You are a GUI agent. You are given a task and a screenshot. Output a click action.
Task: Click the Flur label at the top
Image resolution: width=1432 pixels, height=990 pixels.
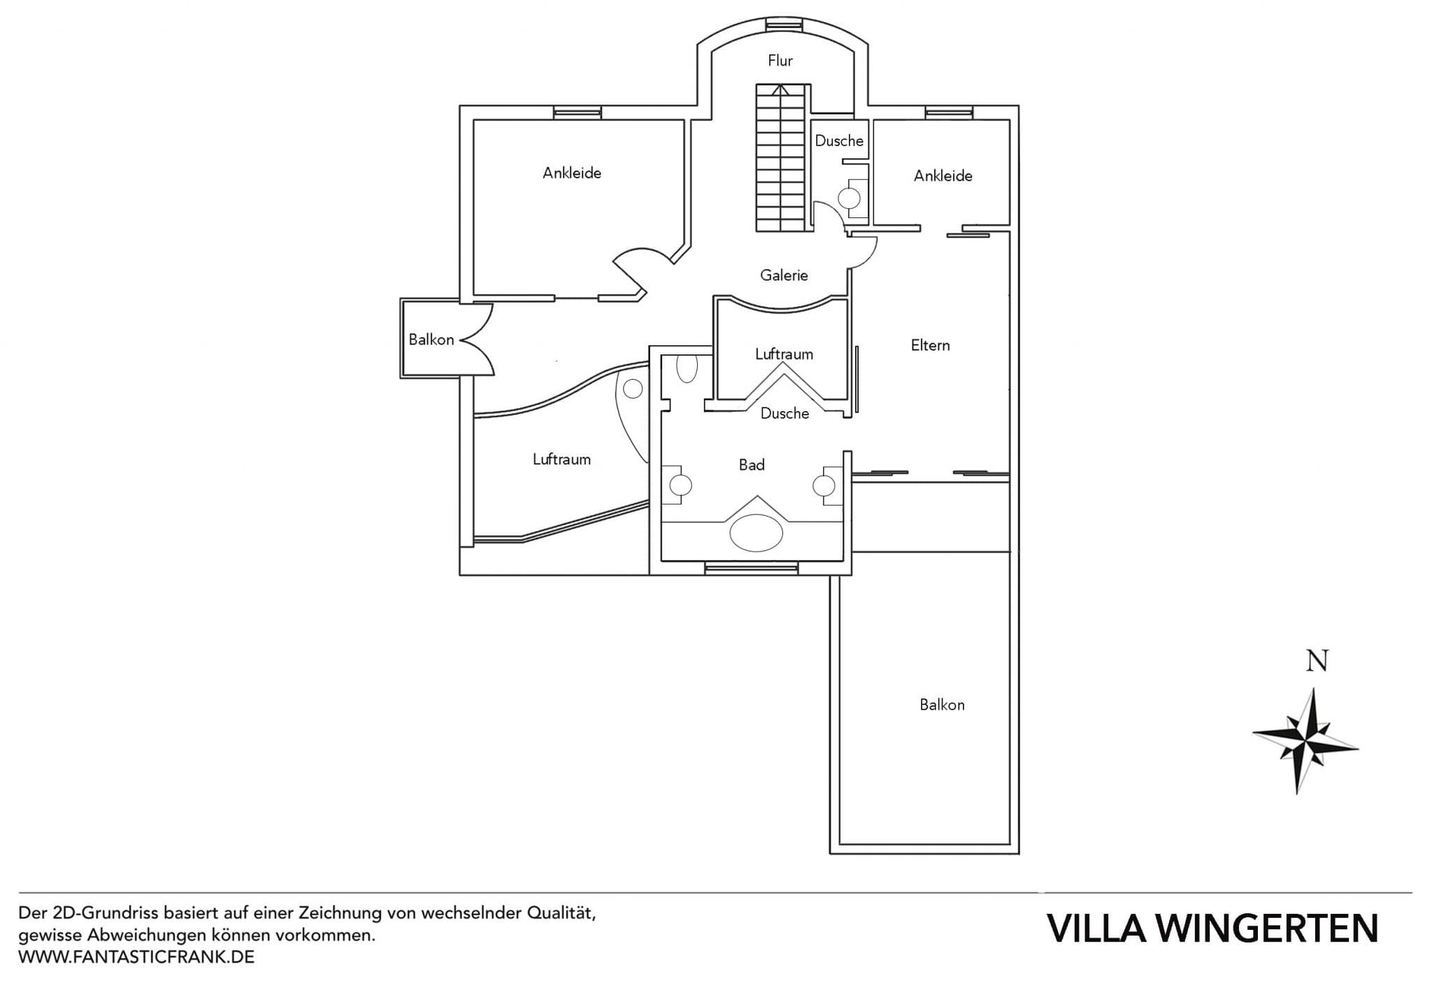tap(780, 61)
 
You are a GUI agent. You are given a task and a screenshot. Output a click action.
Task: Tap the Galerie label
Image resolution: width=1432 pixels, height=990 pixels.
tap(784, 275)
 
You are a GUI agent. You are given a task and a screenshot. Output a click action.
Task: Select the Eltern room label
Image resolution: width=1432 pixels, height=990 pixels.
tap(930, 345)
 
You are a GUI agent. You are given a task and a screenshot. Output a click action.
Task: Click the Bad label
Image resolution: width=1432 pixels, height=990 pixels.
tap(752, 465)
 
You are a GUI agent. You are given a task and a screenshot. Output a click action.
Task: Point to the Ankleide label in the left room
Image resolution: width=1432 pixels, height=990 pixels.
tap(571, 173)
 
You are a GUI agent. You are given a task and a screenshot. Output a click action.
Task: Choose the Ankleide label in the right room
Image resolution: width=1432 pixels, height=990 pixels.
tap(943, 175)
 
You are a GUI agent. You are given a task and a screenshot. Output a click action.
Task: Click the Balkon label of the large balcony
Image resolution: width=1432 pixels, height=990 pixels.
tap(942, 705)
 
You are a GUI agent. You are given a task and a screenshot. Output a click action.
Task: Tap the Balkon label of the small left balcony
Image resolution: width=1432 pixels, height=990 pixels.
tap(431, 340)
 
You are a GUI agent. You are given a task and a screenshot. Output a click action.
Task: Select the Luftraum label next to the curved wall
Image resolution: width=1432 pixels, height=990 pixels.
tap(561, 459)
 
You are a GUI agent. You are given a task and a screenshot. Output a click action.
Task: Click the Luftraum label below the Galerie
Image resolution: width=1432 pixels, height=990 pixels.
tap(784, 354)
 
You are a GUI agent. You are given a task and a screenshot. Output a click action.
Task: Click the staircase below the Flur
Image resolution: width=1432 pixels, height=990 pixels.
tap(782, 159)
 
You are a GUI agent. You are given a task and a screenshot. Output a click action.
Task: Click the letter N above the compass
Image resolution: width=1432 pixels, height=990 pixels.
tap(1317, 661)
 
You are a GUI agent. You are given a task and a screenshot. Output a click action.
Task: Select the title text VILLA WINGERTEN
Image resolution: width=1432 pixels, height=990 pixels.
tap(1212, 928)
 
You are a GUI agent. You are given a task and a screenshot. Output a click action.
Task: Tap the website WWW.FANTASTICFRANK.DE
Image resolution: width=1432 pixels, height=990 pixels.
tap(136, 957)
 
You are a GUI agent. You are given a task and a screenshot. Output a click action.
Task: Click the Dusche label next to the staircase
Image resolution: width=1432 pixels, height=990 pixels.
tap(839, 141)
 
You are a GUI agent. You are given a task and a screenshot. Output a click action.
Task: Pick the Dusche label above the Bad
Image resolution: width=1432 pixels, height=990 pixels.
tap(785, 414)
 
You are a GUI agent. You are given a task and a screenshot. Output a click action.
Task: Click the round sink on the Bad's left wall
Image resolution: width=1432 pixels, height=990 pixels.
tap(680, 485)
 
